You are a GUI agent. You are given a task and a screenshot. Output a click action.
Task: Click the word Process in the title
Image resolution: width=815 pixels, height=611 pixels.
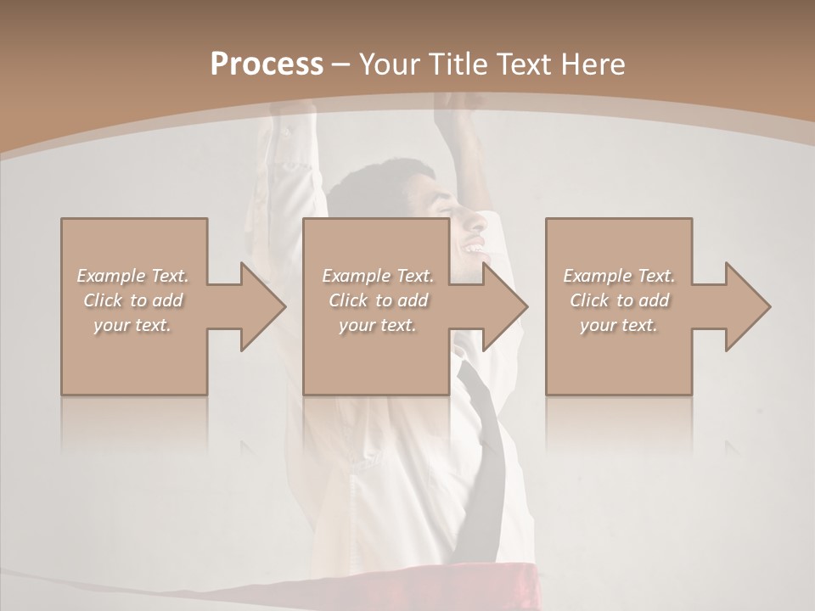[267, 64]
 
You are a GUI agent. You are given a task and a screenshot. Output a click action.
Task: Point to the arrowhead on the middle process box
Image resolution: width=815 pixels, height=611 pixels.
[505, 306]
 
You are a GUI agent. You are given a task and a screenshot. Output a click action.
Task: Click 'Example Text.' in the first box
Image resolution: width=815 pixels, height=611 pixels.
[132, 276]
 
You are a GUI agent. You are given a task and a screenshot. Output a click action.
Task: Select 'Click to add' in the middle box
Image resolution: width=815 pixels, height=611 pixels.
[378, 300]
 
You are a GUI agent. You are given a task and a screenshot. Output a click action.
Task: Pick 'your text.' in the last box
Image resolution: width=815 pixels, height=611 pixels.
[619, 325]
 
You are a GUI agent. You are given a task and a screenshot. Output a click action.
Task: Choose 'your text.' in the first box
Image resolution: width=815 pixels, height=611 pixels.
[132, 325]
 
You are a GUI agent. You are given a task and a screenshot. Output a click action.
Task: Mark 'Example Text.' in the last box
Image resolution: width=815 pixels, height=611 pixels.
[619, 276]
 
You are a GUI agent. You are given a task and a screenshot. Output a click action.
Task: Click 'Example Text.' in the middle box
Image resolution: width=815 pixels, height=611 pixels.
[378, 276]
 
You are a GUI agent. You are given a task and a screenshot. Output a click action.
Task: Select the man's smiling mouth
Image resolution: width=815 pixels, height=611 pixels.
[475, 249]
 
